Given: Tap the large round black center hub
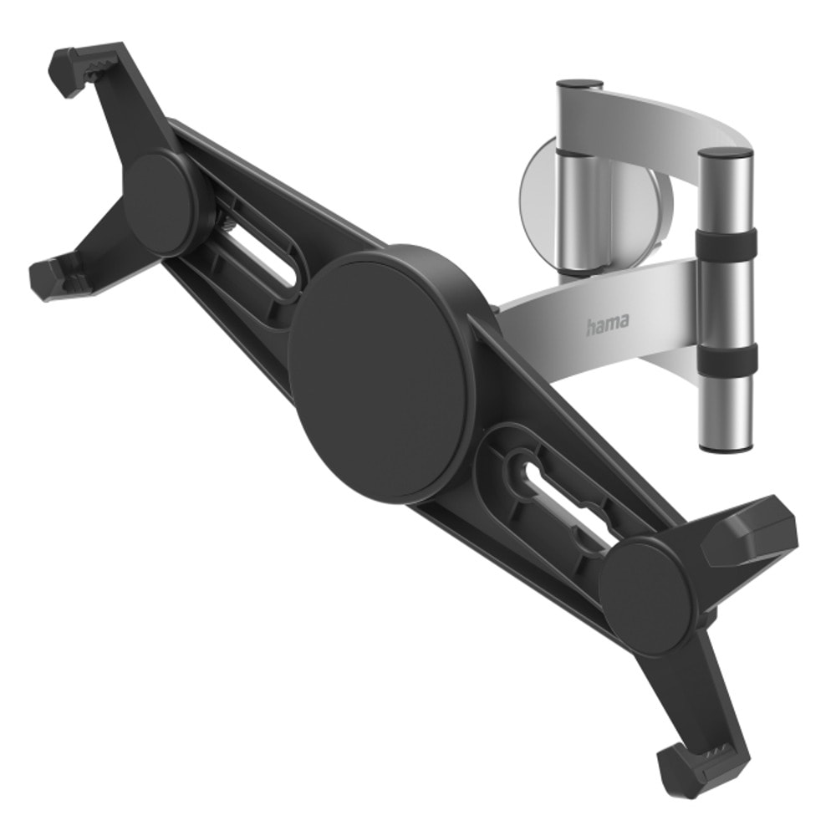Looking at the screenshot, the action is [380, 375].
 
